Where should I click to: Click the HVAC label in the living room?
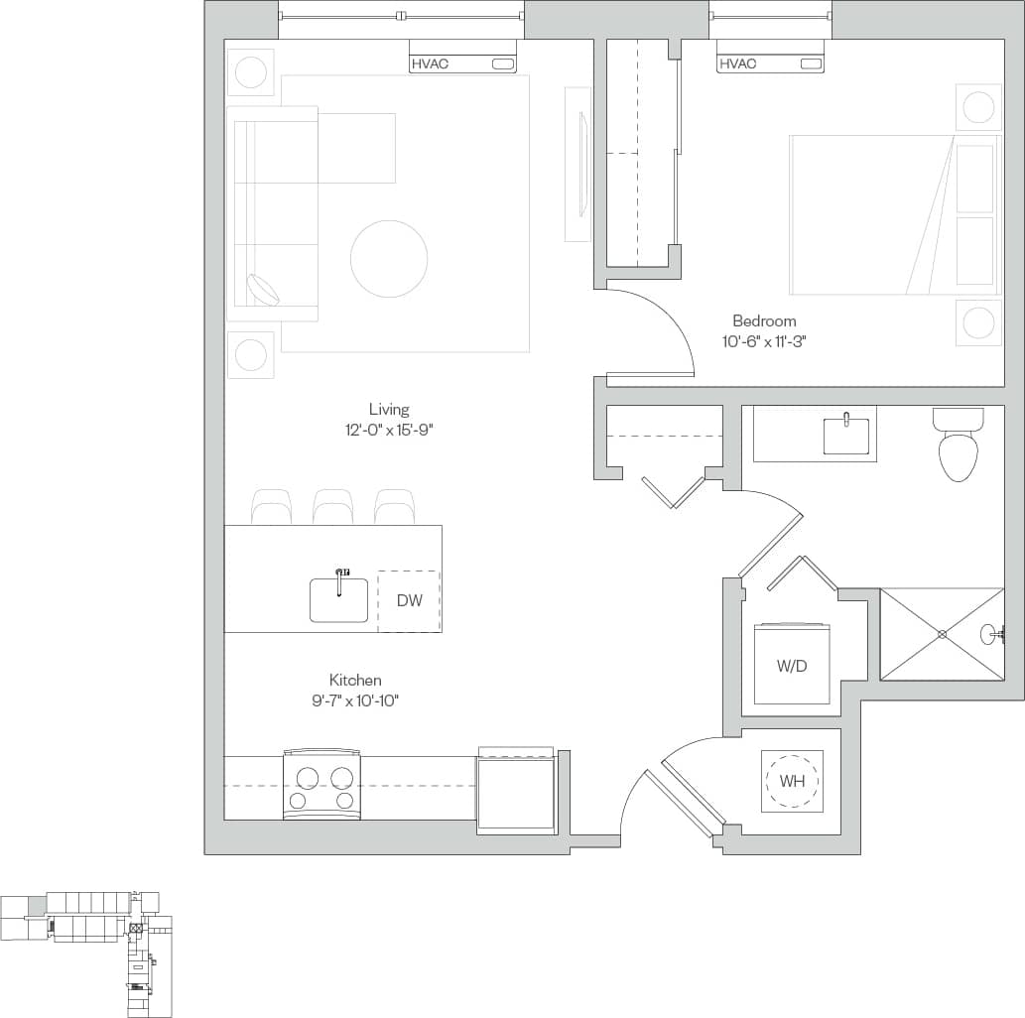(430, 64)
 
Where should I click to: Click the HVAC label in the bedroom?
(737, 64)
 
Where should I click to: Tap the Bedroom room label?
(764, 321)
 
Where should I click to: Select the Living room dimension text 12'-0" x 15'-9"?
(389, 430)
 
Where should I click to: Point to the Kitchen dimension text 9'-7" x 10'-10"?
(355, 700)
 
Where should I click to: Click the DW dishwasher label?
(409, 601)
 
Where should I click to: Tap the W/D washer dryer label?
(791, 666)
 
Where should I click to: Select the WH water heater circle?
(791, 781)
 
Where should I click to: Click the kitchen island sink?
(338, 599)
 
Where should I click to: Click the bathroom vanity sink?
(845, 436)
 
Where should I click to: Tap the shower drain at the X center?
(942, 634)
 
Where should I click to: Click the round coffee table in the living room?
(389, 259)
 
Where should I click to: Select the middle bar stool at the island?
(332, 507)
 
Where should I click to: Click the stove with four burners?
(321, 785)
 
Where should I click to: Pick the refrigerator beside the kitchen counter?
(516, 791)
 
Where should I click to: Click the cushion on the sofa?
(263, 289)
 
